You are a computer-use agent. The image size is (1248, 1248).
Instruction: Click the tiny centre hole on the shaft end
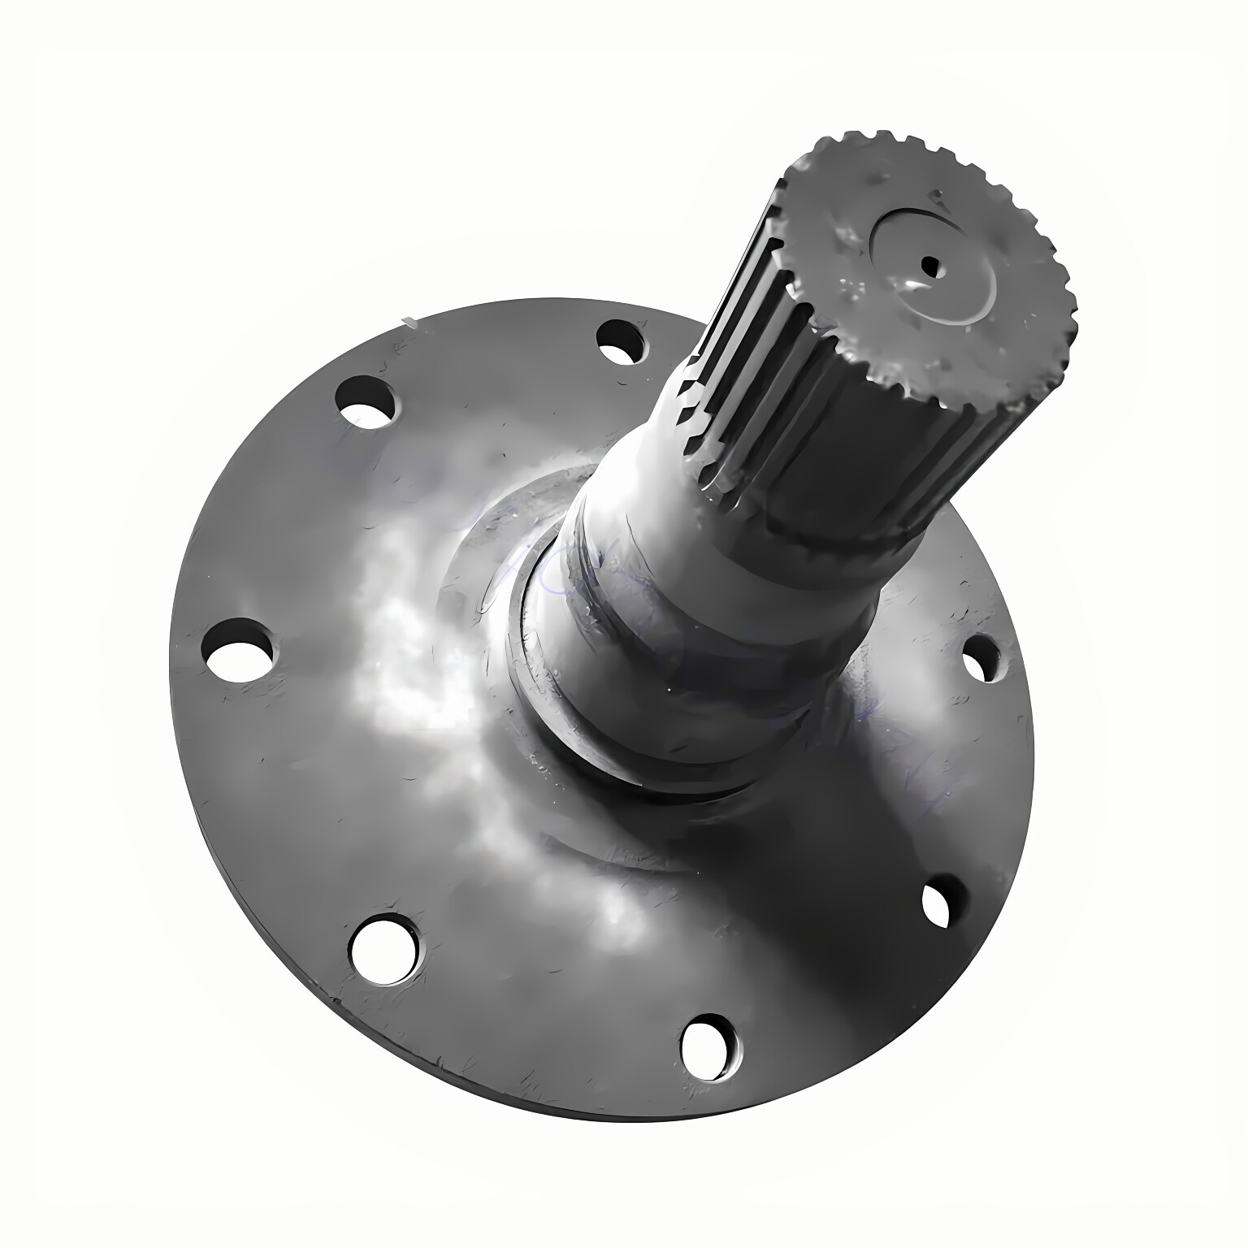point(926,263)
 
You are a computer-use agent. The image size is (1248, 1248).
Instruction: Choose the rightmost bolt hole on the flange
point(979,657)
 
